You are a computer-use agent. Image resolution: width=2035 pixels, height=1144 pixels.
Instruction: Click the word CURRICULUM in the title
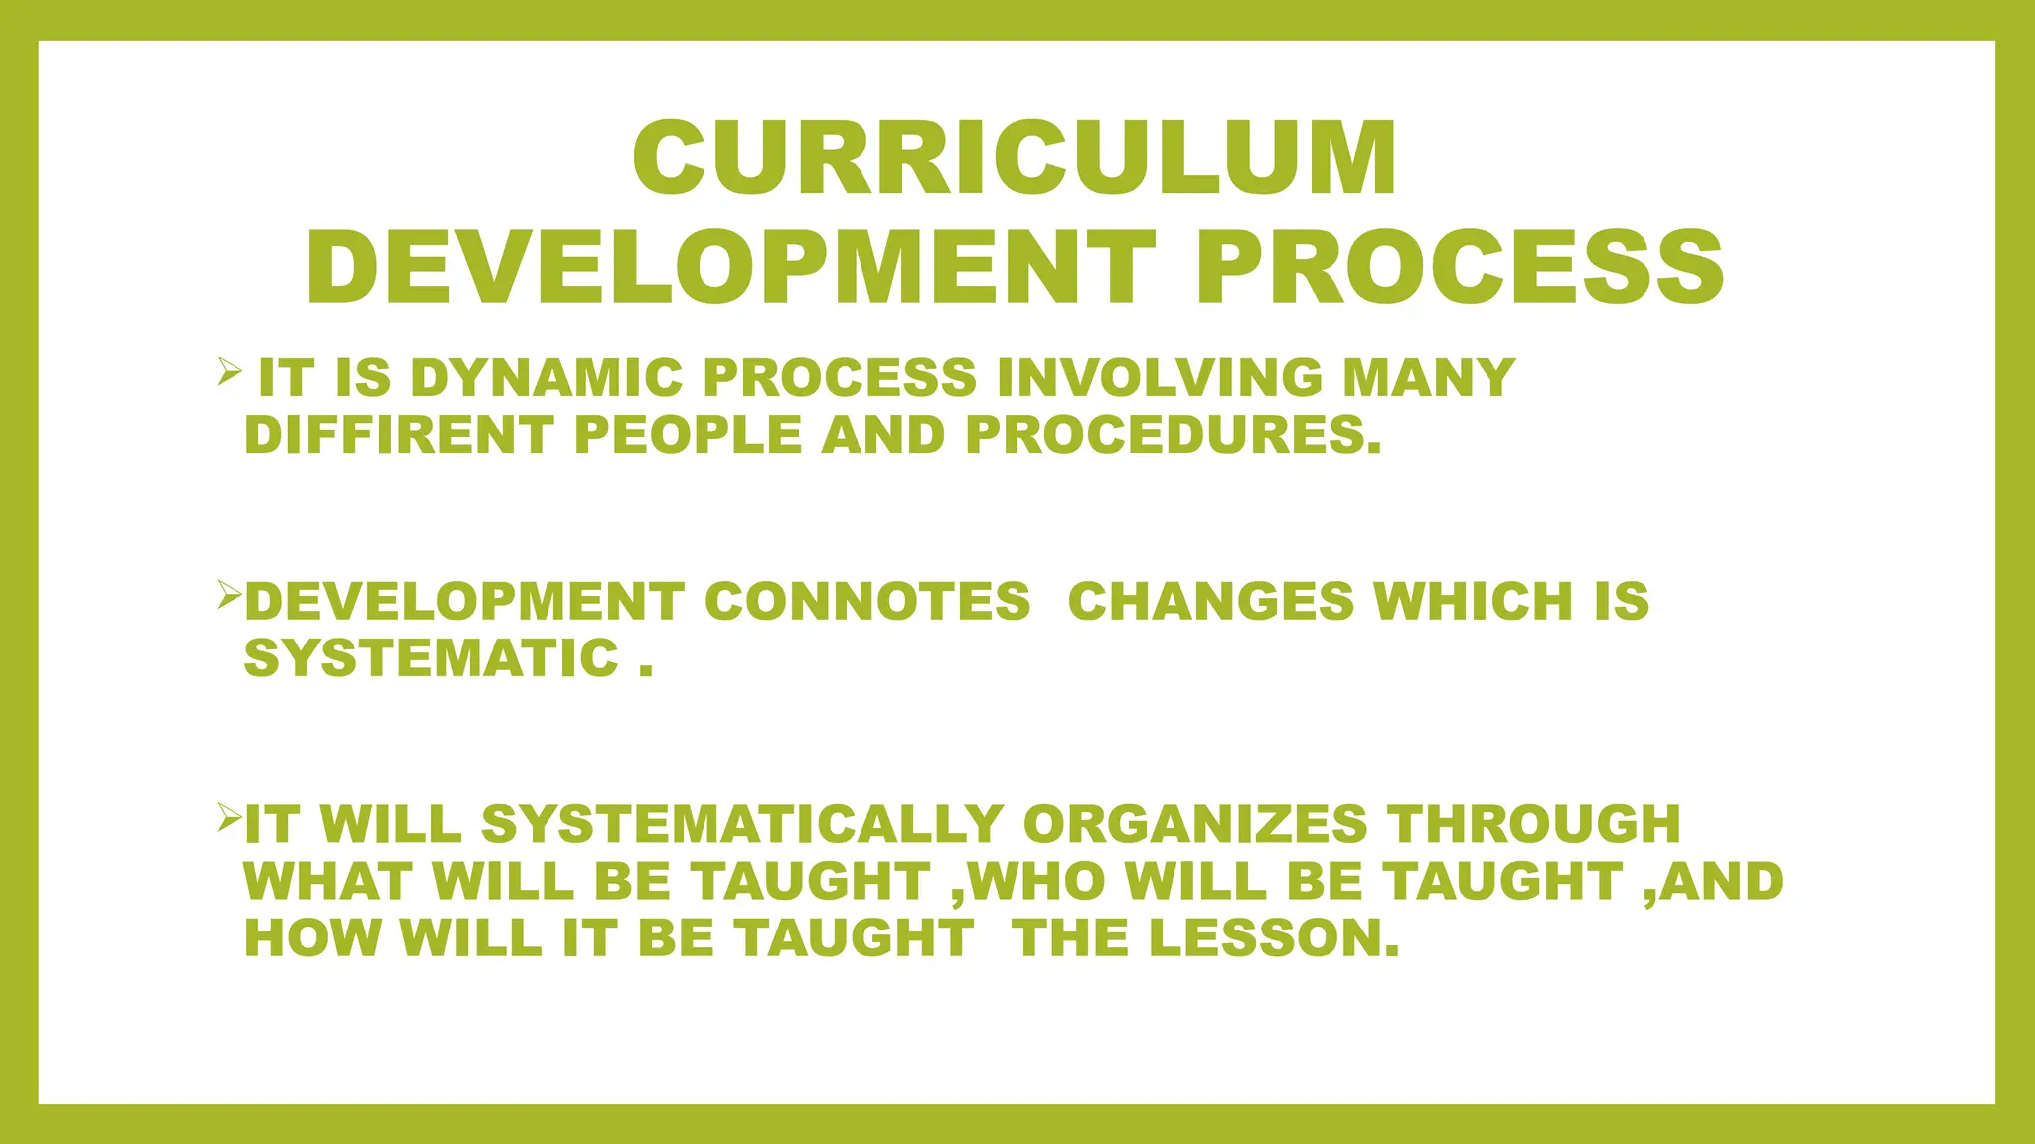coord(1016,159)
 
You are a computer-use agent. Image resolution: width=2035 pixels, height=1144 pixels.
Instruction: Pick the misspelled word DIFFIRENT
coord(398,435)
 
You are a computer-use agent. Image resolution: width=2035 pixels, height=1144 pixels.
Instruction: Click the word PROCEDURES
coord(1173,435)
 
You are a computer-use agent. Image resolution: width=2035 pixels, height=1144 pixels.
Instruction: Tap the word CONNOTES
coord(867,602)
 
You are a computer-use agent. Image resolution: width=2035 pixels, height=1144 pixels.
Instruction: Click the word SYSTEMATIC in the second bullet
coord(432,658)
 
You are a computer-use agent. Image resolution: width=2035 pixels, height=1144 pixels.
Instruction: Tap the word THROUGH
coord(1534,825)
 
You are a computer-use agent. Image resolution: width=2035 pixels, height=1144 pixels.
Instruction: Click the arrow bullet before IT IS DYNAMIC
coord(230,373)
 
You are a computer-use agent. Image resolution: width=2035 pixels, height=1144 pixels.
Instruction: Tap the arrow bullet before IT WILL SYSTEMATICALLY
coord(230,819)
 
